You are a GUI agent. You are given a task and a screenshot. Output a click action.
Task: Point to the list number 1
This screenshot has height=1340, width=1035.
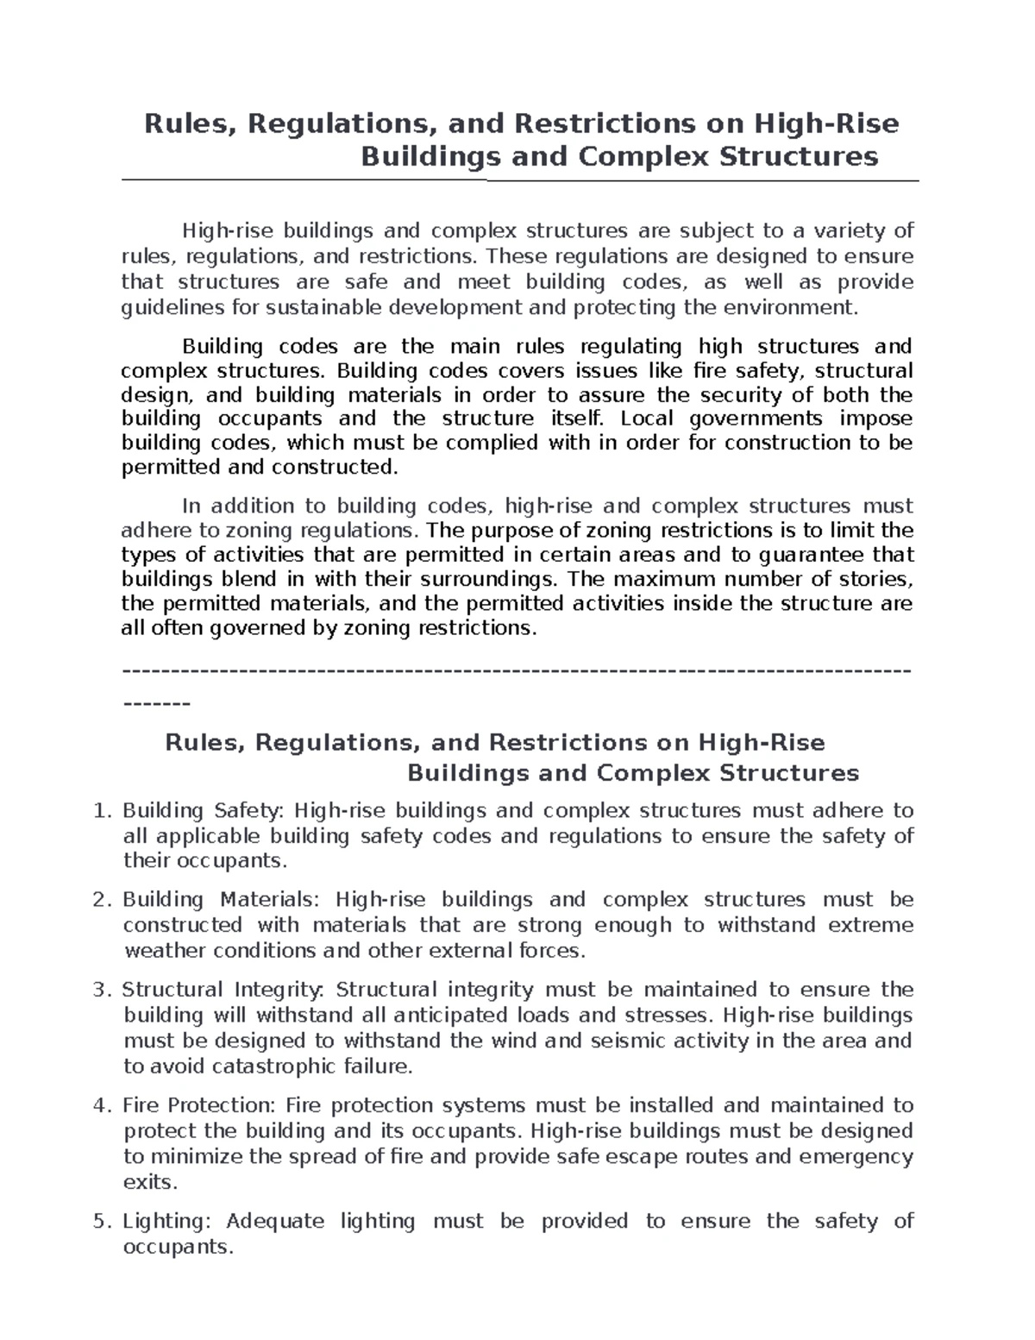[x=102, y=811]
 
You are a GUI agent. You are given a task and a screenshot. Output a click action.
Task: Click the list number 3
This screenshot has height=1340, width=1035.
[x=102, y=990]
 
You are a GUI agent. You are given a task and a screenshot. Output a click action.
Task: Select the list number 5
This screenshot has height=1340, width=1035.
[x=102, y=1222]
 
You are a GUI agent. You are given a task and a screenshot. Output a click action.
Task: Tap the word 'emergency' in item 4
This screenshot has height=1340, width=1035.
[x=856, y=1156]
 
